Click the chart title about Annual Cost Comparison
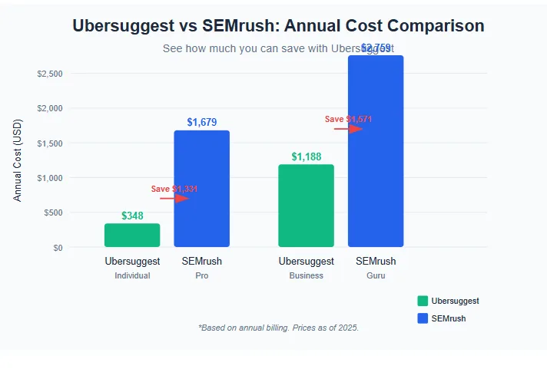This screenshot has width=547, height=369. [x=278, y=25]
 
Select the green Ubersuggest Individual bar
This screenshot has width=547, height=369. [x=132, y=236]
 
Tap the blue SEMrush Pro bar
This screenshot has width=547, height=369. [x=201, y=189]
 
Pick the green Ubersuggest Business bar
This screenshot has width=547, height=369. [x=306, y=206]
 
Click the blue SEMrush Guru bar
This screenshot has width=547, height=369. [x=376, y=151]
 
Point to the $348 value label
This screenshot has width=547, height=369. [x=132, y=216]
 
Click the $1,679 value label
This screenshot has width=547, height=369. [x=202, y=122]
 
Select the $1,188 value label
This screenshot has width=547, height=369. [x=307, y=156]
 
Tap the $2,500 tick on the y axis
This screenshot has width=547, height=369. [x=50, y=74]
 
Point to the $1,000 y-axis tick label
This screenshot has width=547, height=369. [x=50, y=178]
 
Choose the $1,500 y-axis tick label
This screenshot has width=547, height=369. [x=50, y=143]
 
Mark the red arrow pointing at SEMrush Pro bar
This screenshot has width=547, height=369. [x=174, y=199]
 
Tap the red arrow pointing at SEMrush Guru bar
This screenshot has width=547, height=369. [x=348, y=129]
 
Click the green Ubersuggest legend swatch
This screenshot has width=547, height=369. [x=423, y=301]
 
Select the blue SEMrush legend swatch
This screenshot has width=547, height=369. [x=423, y=318]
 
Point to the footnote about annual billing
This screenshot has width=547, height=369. [x=278, y=328]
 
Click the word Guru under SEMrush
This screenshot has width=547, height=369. [x=376, y=275]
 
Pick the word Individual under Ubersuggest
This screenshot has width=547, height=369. [x=132, y=275]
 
